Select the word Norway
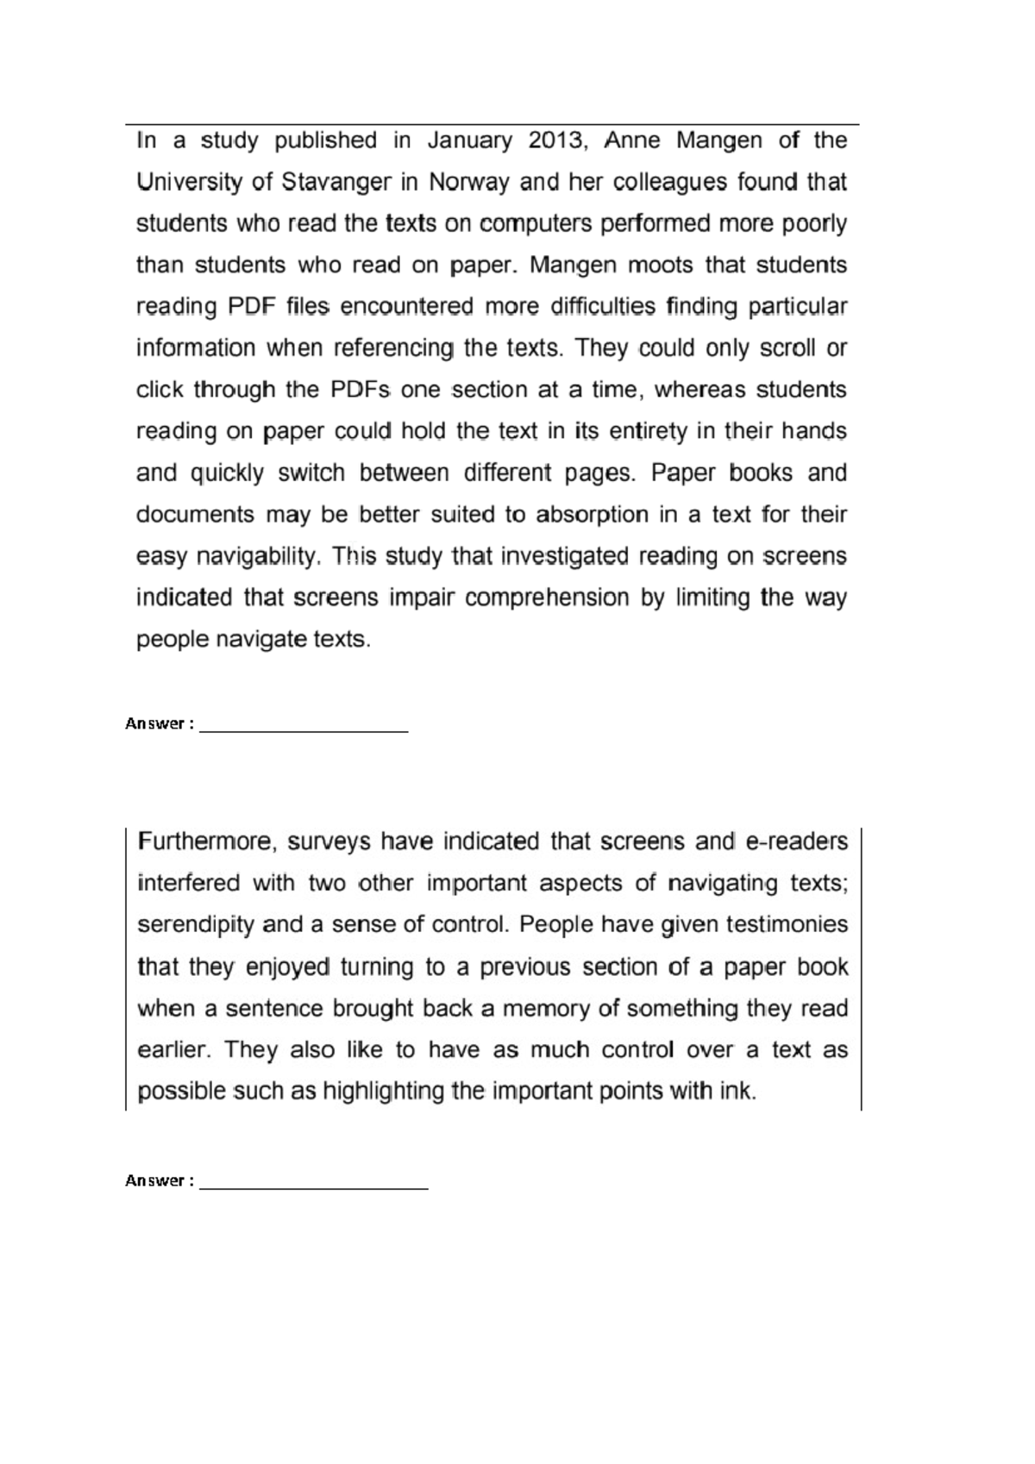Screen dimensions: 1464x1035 click(470, 183)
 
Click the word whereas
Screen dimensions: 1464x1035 click(700, 390)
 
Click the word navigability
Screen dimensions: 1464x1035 click(259, 557)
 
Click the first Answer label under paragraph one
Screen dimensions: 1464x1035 click(154, 724)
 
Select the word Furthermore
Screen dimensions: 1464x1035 click(207, 841)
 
